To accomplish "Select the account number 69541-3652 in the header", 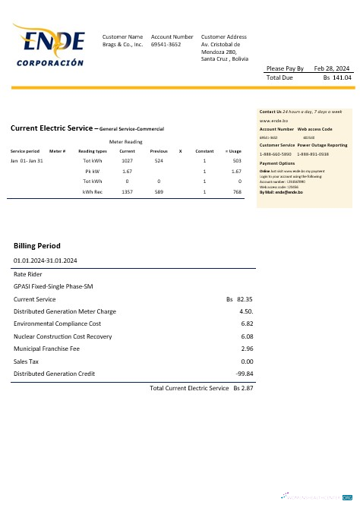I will click(166, 45).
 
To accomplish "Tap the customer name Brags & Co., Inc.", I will click(122, 45).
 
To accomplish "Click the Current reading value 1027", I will click(127, 161).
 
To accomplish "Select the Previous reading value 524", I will click(159, 161).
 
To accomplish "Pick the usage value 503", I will click(237, 161).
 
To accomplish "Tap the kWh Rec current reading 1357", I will click(127, 192).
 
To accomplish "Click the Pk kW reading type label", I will click(93, 172).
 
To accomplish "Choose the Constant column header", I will click(204, 151).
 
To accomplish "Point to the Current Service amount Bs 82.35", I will click(239, 300).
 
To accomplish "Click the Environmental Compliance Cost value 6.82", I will click(246, 323).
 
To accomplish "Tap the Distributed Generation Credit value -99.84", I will click(245, 374).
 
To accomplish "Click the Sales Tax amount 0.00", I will click(246, 361).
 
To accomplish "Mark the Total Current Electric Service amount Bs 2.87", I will click(243, 388).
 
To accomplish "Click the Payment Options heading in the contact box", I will click(277, 163).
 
